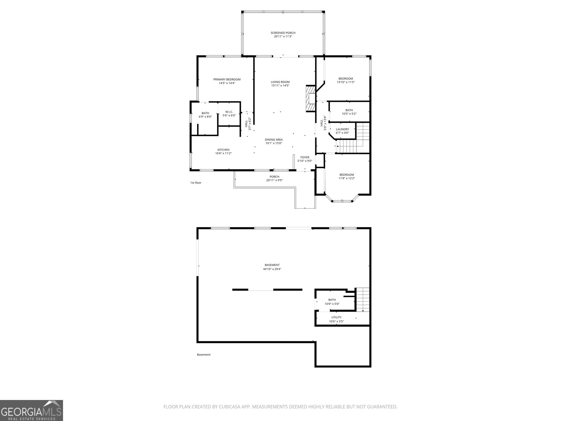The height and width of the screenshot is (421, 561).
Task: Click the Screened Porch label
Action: click(x=283, y=33)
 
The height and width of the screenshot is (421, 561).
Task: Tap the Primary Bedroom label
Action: click(x=227, y=80)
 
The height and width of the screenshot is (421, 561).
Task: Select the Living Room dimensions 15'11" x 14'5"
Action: click(x=280, y=86)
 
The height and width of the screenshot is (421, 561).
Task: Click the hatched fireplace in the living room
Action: click(x=310, y=99)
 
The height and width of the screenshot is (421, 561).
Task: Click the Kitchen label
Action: click(x=223, y=150)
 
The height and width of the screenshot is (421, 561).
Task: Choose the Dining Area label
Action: click(x=273, y=140)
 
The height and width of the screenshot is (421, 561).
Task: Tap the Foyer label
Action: click(x=305, y=157)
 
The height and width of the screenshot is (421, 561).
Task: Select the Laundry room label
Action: click(x=342, y=129)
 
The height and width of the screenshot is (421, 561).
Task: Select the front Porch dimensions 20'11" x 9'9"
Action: click(x=274, y=180)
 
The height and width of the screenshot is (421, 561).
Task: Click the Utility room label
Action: click(x=336, y=318)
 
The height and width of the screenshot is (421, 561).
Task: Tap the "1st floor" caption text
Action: click(x=196, y=183)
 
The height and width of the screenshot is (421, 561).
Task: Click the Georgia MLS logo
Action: click(x=32, y=410)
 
